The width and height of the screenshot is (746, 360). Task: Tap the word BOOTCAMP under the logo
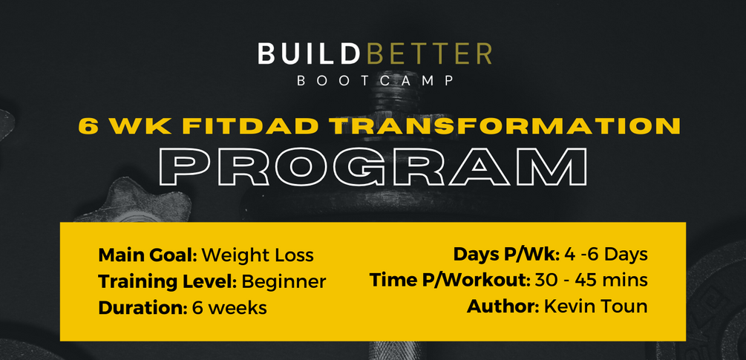tap(375, 81)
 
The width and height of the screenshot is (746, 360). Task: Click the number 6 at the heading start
tap(89, 126)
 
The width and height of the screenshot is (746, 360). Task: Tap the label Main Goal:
tap(147, 255)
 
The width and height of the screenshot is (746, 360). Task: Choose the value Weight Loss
tap(258, 255)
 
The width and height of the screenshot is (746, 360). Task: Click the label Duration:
tap(142, 307)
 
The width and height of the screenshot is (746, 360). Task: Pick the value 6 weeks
tap(229, 307)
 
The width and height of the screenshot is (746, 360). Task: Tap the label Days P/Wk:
tap(506, 254)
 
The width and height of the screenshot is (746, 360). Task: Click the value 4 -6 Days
tap(606, 254)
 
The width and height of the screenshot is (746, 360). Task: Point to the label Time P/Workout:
tap(449, 280)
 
